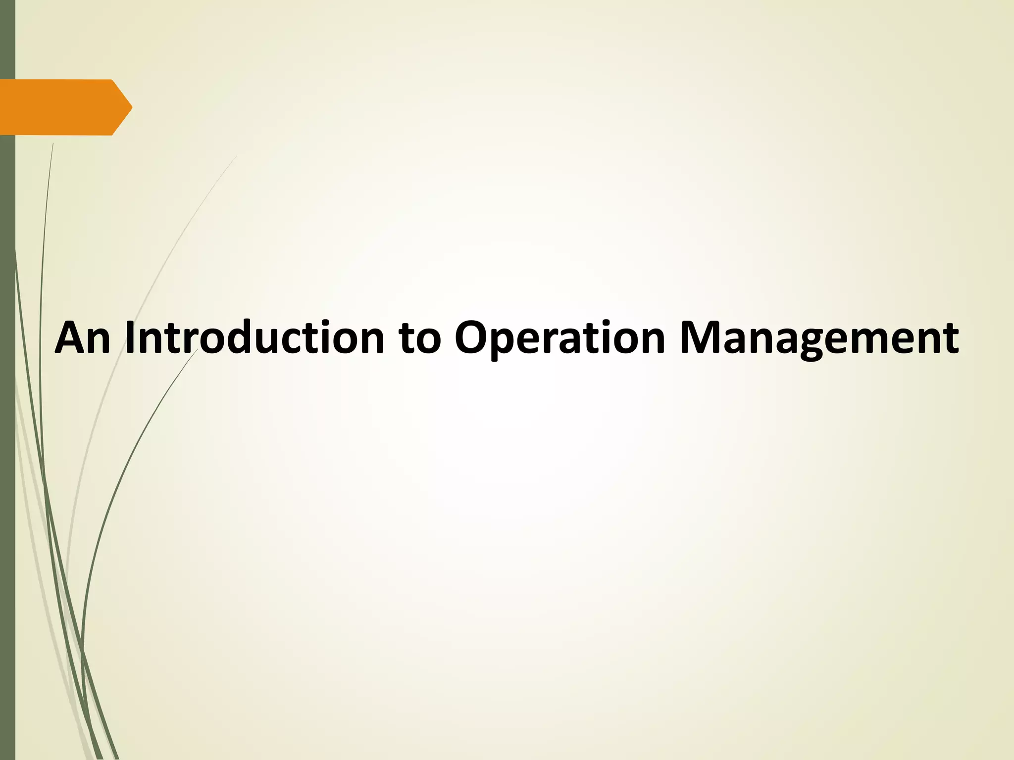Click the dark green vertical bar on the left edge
7,445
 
